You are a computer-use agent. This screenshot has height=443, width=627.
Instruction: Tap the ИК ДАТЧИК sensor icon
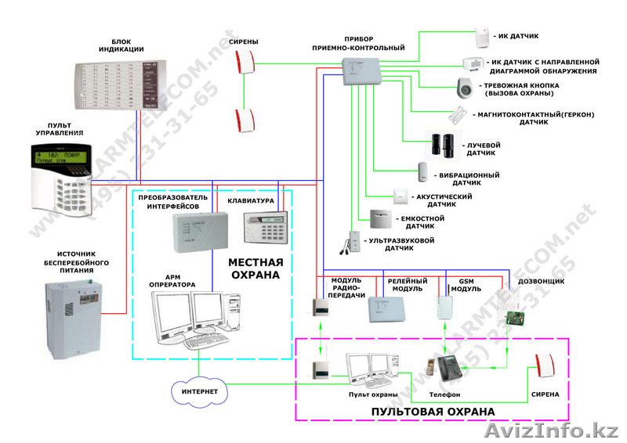480,36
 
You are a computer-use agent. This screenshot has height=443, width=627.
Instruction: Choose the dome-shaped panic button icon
466,88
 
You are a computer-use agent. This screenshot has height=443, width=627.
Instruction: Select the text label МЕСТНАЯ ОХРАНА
256,269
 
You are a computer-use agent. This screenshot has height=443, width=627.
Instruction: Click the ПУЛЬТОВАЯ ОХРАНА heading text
433,410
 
